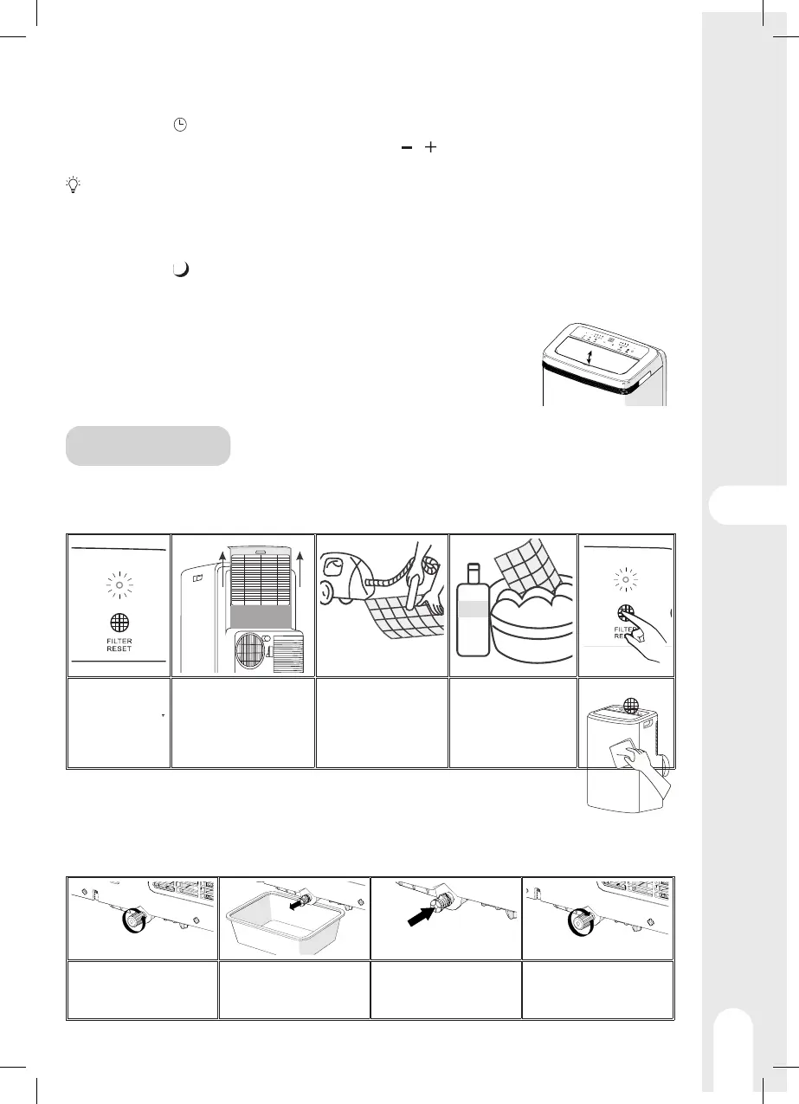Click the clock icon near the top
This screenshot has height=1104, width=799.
(x=179, y=125)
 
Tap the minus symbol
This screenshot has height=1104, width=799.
(x=404, y=148)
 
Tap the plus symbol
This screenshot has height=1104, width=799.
(x=430, y=148)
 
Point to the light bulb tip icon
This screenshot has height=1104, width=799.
(x=73, y=184)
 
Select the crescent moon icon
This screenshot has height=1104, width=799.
(x=180, y=269)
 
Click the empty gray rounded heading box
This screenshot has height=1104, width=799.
(x=148, y=445)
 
